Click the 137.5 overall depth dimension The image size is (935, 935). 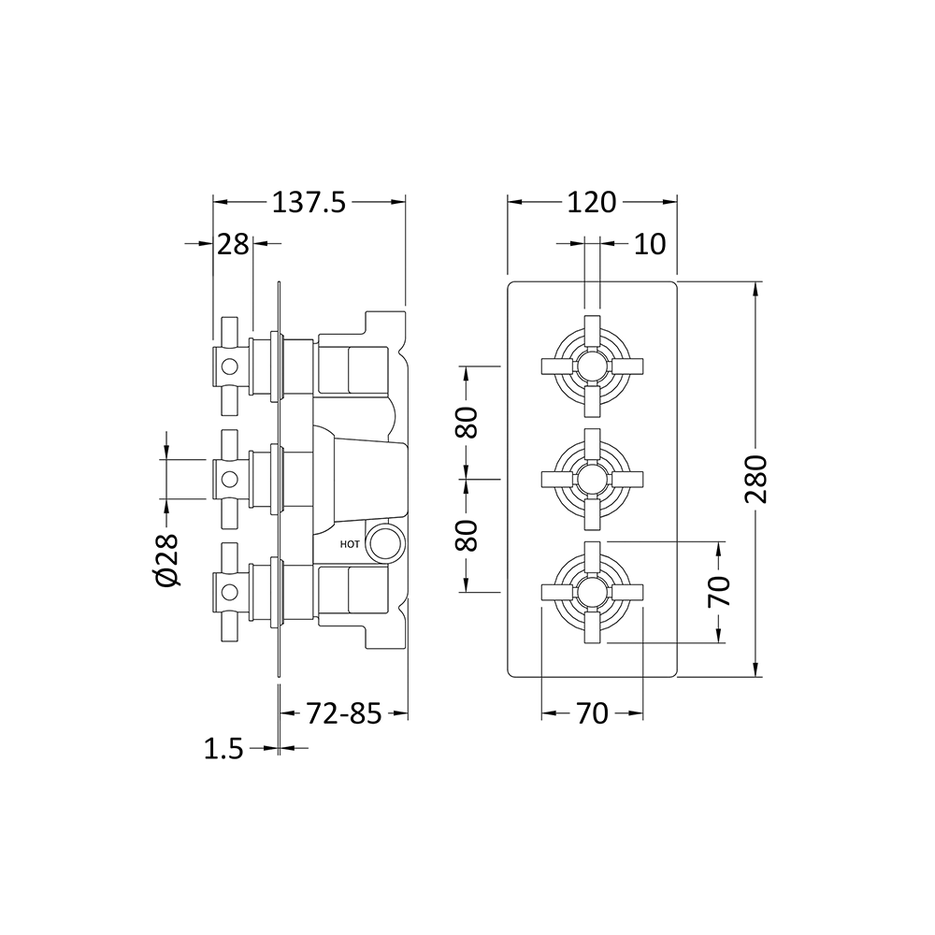point(309,201)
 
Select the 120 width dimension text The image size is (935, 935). point(591,201)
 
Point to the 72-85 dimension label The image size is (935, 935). point(344,715)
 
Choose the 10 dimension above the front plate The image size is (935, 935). point(649,244)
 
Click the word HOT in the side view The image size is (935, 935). point(350,543)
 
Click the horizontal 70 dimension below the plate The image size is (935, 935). point(591,714)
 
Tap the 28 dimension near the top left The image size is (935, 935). point(233,244)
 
